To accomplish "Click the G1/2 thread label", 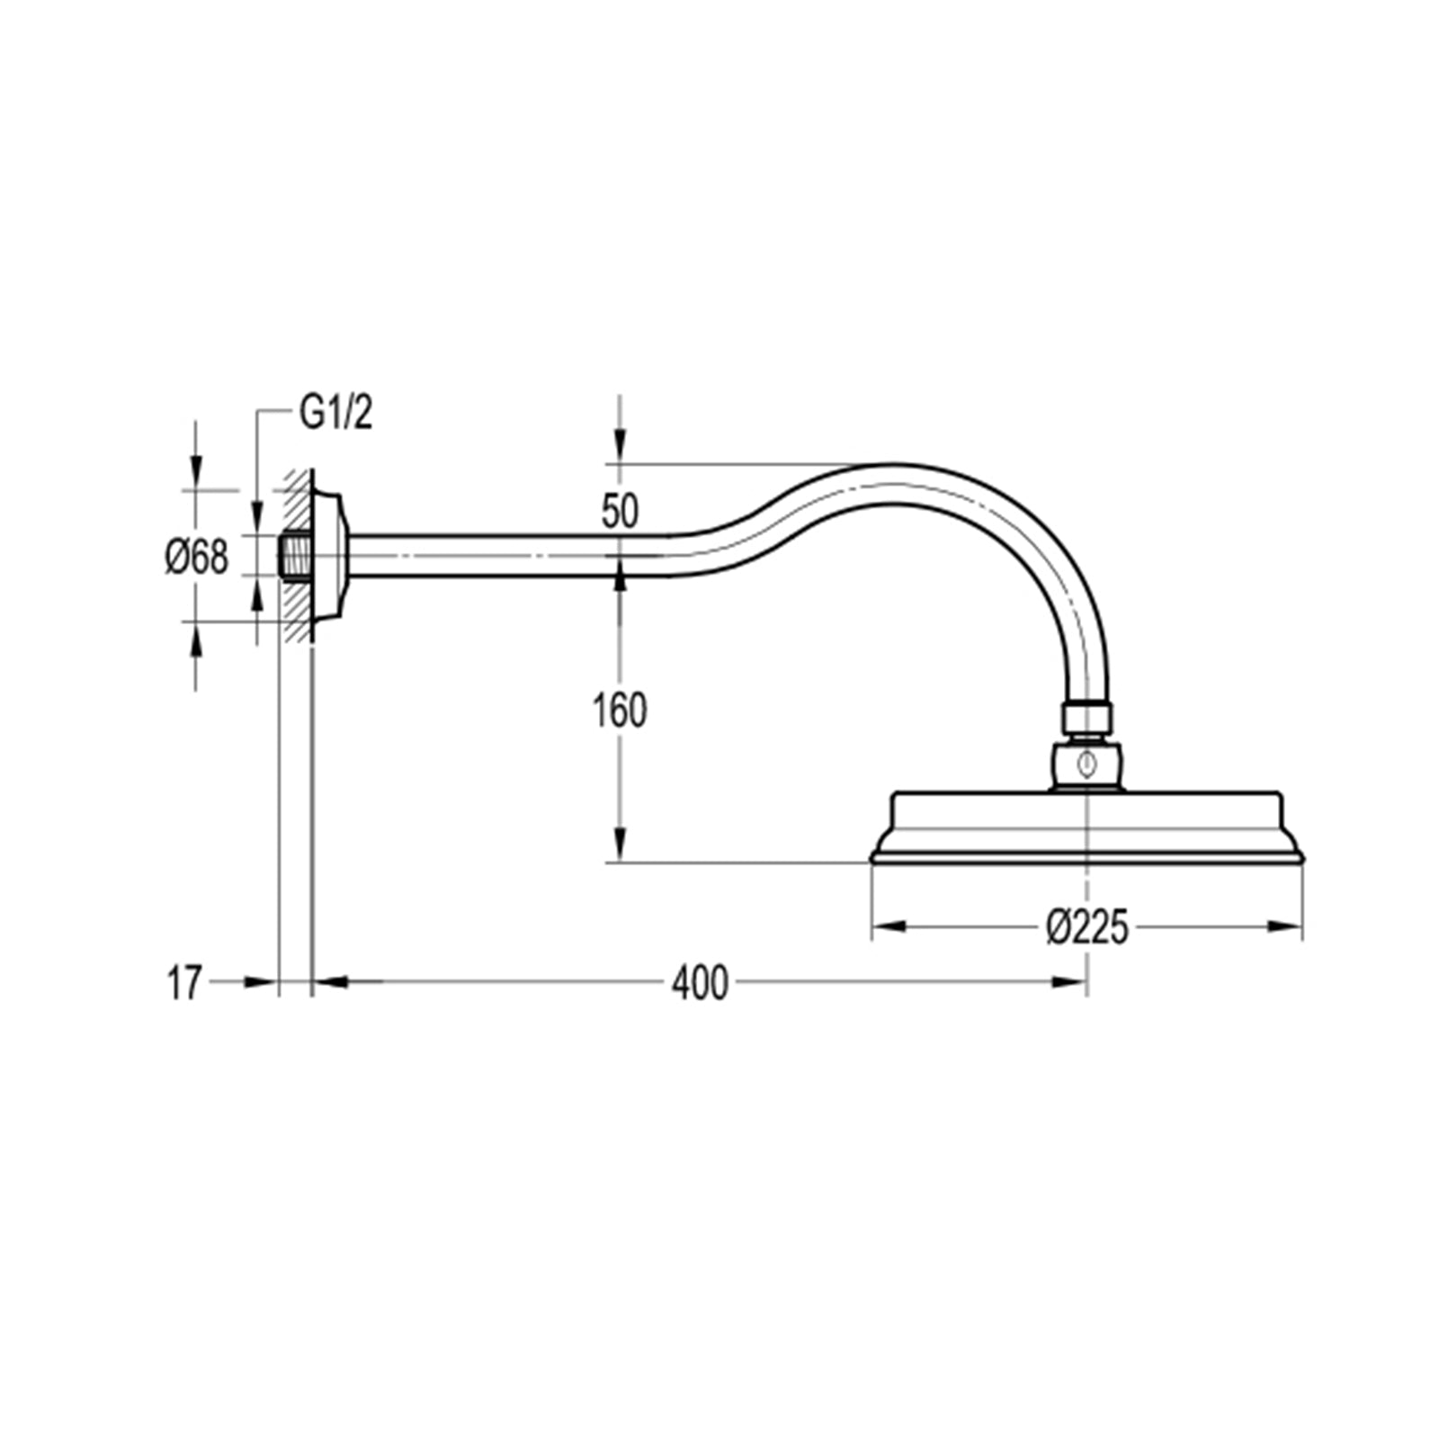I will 335,415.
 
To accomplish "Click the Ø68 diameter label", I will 197,558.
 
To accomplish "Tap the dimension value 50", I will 620,512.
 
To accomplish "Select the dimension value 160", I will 620,711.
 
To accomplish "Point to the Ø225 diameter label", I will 1086,927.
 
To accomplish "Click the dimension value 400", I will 699,983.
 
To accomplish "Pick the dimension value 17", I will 184,983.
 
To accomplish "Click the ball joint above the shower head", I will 1088,765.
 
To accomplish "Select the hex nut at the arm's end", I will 1086,718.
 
